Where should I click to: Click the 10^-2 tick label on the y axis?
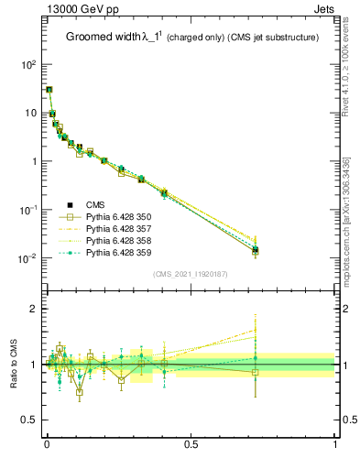tap(27, 258)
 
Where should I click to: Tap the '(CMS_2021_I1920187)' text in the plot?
tap(191, 274)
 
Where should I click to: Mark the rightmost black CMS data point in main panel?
tap(256, 250)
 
